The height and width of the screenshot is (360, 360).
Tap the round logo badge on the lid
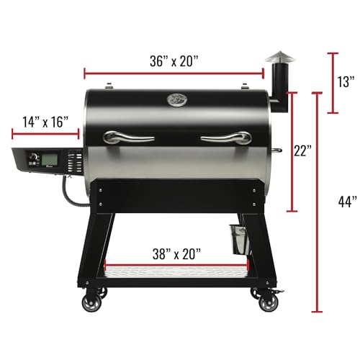176,100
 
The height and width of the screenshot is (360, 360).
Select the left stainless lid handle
128,137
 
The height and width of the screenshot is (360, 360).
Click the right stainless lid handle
225,137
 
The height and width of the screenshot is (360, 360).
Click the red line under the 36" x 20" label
175,72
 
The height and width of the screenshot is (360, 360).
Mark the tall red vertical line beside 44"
316,202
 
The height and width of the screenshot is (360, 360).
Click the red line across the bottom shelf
176,264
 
